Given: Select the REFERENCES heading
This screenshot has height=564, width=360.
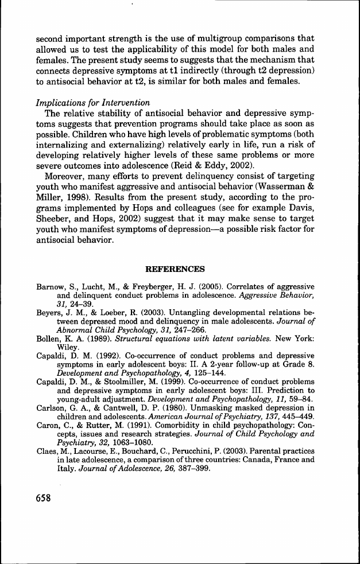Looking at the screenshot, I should click(176, 269).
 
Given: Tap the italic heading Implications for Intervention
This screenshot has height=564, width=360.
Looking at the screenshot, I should click(92, 103).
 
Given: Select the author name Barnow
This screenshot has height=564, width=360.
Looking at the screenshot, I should click(49, 286).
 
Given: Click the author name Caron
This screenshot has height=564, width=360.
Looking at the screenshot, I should click(47, 434).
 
